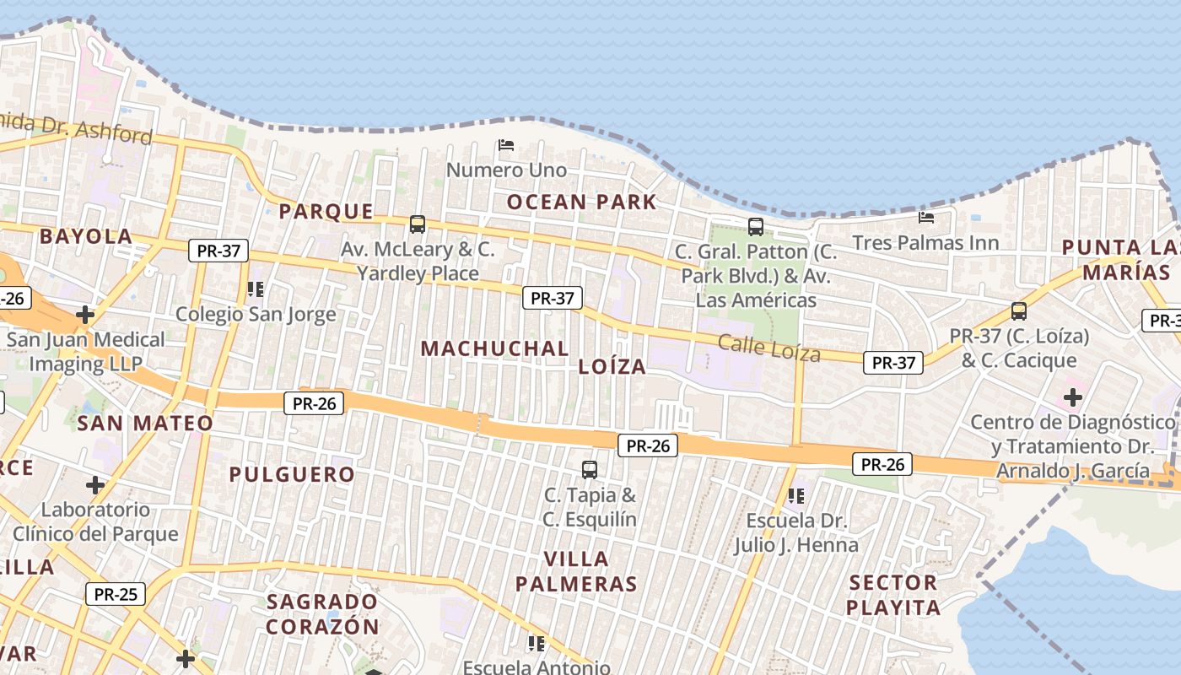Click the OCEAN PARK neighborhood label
tap(581, 202)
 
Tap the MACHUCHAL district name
tap(494, 348)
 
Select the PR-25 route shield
tap(116, 594)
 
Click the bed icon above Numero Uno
tap(506, 145)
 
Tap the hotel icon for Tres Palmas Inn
tap(925, 218)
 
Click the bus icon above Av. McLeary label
tap(418, 224)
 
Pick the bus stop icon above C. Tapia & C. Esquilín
tap(590, 469)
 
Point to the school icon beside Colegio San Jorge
tap(256, 289)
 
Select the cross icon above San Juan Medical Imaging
tap(85, 315)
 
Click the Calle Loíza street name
tap(768, 348)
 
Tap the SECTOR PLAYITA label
tap(893, 595)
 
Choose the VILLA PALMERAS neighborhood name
tap(576, 571)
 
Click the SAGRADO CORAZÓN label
tap(322, 613)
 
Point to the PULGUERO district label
tap(292, 474)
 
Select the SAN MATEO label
tap(145, 423)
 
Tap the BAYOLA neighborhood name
tap(86, 236)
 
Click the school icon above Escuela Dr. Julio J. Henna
tap(795, 496)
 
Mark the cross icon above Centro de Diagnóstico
tap(1073, 397)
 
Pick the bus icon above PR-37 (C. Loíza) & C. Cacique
tap(1019, 310)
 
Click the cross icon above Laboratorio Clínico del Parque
tap(95, 485)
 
